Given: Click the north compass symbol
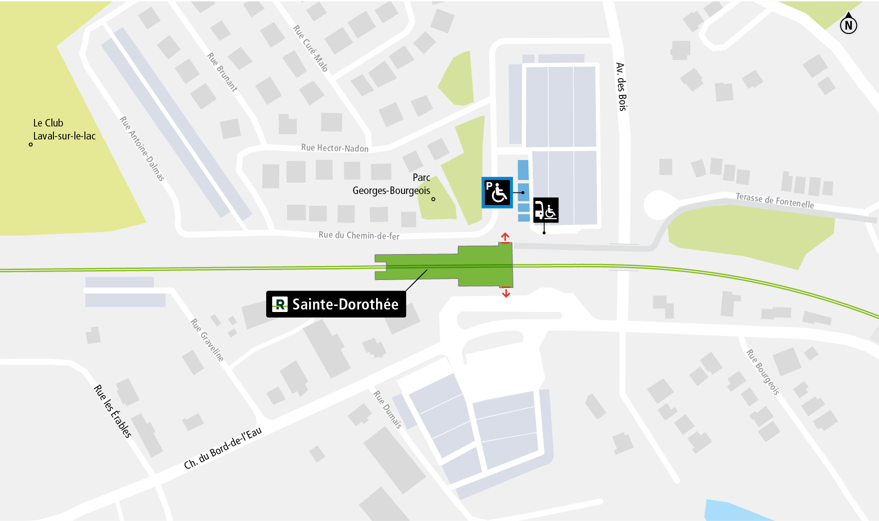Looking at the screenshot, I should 848,24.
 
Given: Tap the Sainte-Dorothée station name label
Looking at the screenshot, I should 336,304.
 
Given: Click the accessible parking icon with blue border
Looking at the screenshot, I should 497,192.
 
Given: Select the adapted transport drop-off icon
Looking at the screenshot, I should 546,210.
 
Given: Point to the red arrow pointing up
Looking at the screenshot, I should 505,237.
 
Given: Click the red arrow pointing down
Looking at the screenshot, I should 506,292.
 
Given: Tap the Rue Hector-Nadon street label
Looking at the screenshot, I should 335,148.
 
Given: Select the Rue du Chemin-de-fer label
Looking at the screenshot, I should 359,235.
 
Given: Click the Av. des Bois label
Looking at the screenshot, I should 621,86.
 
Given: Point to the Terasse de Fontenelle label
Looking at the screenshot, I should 775,200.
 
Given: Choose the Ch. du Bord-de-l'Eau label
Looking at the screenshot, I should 223,448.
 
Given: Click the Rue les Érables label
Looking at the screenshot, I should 113,411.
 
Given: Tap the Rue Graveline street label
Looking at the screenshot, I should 207,340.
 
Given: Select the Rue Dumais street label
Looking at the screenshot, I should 388,409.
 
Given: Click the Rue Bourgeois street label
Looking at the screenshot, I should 763,372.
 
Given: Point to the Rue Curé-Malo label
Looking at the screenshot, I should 310,48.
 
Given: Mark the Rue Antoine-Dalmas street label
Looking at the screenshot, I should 142,148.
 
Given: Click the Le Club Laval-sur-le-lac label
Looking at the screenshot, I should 64,129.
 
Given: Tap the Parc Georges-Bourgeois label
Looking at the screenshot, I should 392,184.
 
